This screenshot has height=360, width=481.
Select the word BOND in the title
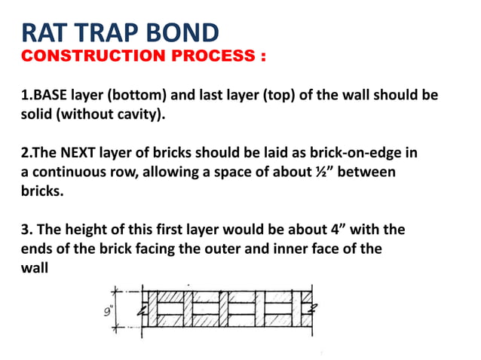pyautogui.click(x=186, y=32)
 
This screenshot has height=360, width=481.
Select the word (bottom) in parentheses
pyautogui.click(x=129, y=97)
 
